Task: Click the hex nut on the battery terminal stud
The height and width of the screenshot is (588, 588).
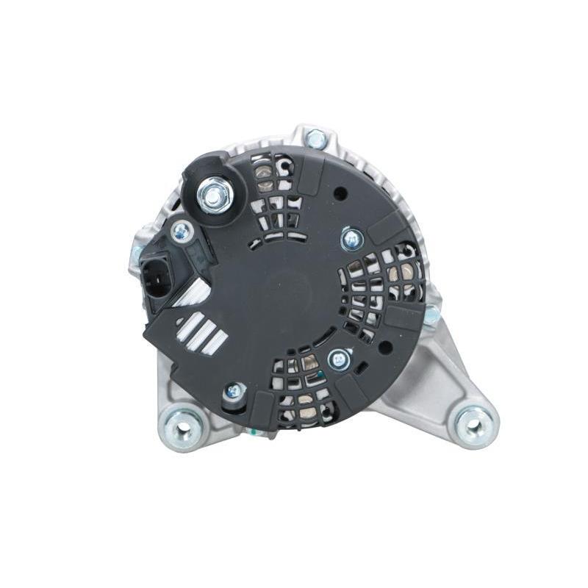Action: point(213,196)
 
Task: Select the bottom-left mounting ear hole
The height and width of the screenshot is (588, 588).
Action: point(180,424)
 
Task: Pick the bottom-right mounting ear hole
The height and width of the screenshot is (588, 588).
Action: point(472,421)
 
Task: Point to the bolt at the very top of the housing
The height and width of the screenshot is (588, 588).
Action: point(316,137)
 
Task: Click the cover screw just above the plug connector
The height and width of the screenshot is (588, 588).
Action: point(180,232)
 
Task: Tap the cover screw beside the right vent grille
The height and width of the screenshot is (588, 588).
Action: point(352,238)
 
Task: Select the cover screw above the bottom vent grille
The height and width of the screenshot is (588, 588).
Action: point(339,359)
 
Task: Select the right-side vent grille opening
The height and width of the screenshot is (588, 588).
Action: point(382,287)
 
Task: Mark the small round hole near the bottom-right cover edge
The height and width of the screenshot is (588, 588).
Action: point(359,368)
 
